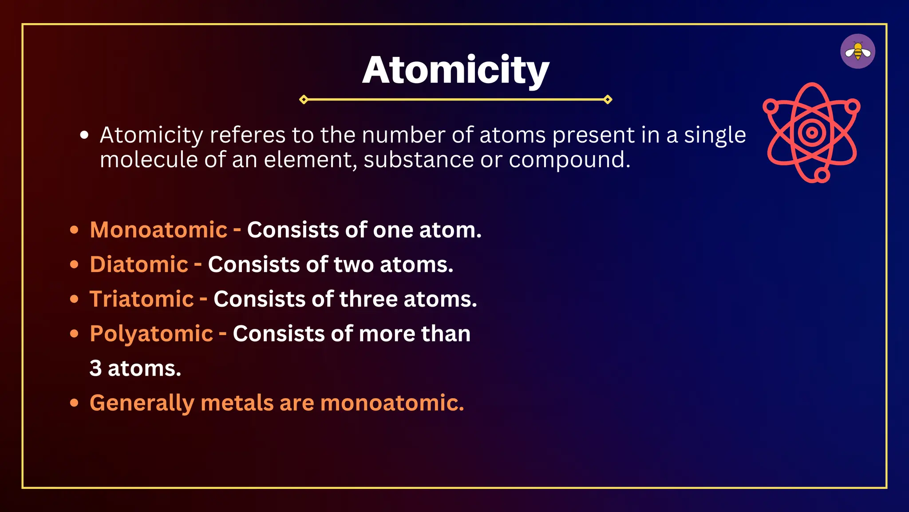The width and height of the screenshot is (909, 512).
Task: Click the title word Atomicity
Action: pos(456,70)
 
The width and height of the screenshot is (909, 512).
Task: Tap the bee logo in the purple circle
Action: pos(858,52)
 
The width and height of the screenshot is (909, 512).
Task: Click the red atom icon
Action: pos(811,132)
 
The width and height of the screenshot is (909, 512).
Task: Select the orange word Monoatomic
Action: pos(158,230)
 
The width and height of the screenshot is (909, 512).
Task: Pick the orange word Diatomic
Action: pos(139,265)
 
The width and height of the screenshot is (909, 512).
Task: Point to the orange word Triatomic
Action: pos(142,299)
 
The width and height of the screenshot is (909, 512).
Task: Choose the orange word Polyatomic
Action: pos(151,334)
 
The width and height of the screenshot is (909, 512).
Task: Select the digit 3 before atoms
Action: pos(95,368)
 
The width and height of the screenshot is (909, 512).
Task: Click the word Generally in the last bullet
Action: pos(142,404)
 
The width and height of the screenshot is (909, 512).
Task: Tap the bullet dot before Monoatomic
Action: pos(74,230)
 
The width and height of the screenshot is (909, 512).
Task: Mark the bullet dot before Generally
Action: pos(74,403)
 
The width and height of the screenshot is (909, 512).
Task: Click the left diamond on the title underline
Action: pos(304,100)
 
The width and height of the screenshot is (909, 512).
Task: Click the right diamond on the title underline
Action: pos(608,100)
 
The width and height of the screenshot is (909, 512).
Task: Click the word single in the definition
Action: pos(715,136)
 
